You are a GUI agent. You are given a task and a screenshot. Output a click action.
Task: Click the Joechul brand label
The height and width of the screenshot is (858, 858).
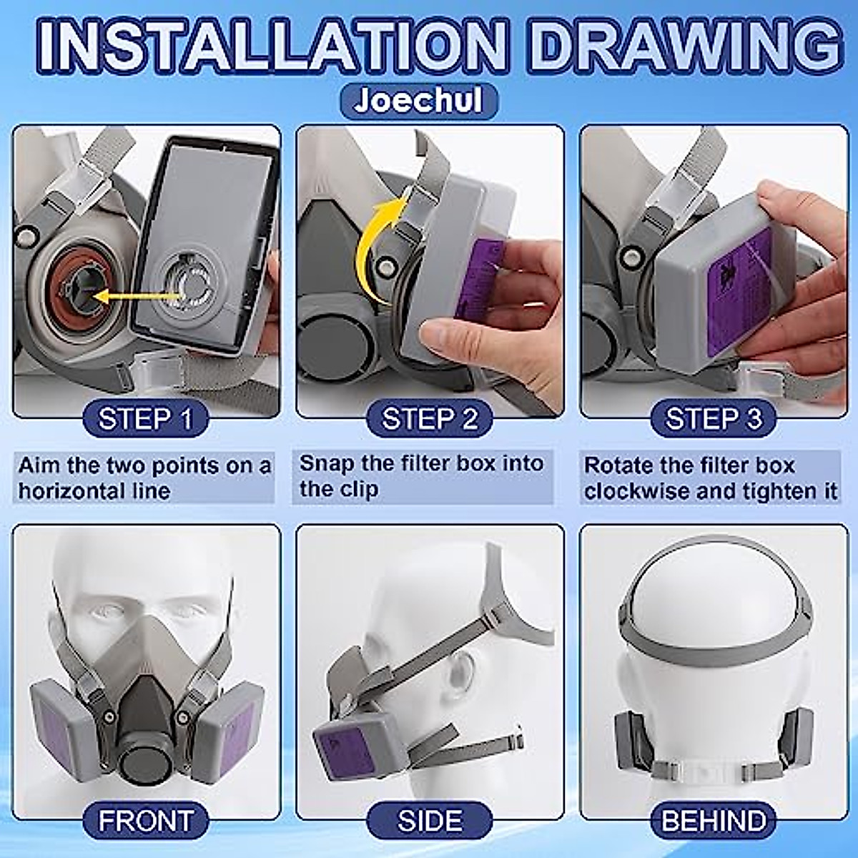pos(418,102)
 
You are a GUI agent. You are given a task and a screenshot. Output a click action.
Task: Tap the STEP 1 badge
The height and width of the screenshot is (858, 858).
pos(146,419)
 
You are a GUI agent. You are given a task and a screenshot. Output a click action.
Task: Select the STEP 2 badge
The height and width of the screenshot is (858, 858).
pos(429,419)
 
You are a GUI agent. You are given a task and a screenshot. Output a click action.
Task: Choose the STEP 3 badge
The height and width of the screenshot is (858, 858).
pos(714,419)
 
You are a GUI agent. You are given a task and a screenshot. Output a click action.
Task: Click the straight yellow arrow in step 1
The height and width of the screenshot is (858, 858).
pos(138,295)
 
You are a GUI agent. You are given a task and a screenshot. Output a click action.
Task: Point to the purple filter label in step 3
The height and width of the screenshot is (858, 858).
pos(739,294)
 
